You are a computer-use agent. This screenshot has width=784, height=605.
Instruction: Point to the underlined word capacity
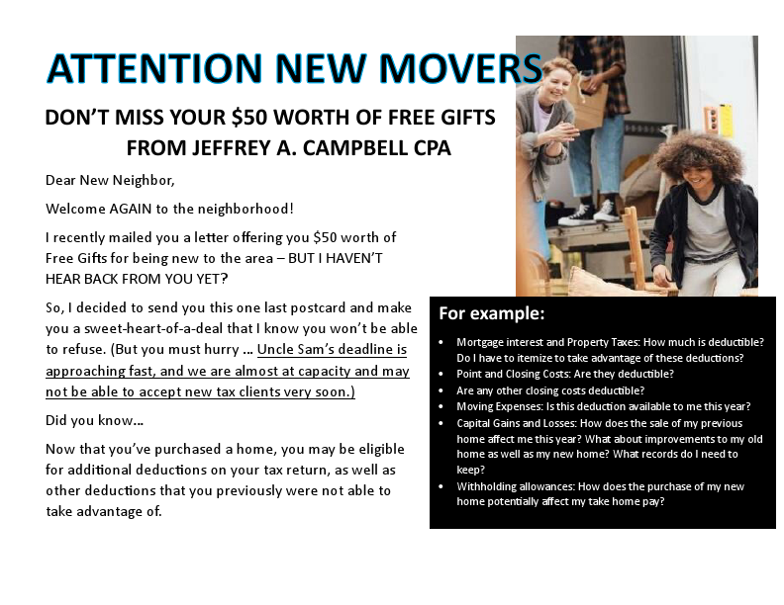click(x=326, y=371)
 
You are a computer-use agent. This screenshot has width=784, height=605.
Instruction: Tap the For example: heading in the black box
click(x=491, y=313)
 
